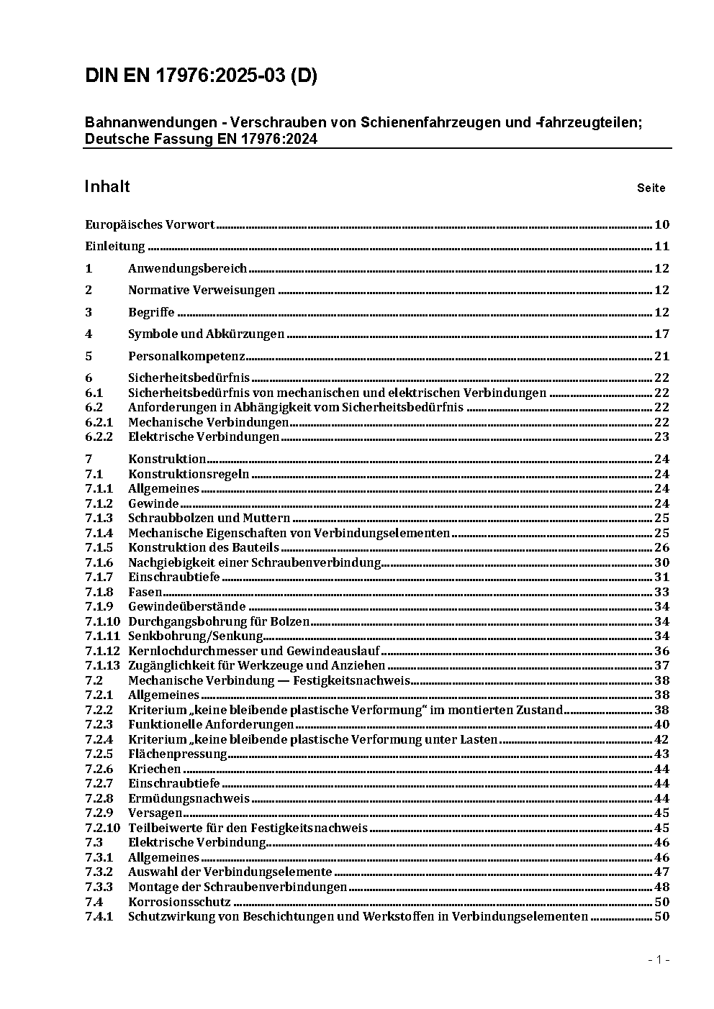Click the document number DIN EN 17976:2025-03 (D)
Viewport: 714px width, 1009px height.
tap(201, 77)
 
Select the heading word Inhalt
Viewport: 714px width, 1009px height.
tap(107, 187)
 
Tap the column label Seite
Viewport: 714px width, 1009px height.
tap(651, 188)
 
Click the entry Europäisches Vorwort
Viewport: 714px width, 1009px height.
tap(150, 224)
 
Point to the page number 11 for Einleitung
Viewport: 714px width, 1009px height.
tap(661, 247)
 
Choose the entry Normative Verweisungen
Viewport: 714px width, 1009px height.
tap(202, 291)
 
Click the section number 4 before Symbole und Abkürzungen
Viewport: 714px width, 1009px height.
tap(89, 334)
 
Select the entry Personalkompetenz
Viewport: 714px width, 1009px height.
tap(186, 356)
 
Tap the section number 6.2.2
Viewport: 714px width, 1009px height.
tap(99, 437)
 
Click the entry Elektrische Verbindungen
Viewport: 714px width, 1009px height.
tap(204, 437)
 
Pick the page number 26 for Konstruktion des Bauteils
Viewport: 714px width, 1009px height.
tap(661, 548)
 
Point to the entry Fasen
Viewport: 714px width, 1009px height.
tap(145, 592)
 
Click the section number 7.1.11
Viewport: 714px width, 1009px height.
tap(102, 636)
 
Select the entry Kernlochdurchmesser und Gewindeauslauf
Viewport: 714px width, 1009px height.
tap(254, 651)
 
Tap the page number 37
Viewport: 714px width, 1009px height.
tap(661, 666)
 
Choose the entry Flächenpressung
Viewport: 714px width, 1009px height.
tap(177, 754)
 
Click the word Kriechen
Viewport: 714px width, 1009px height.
tap(154, 769)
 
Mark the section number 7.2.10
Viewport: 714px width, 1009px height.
tap(102, 828)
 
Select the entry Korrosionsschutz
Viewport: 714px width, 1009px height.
tap(179, 902)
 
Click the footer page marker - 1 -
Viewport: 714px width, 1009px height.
tap(659, 959)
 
